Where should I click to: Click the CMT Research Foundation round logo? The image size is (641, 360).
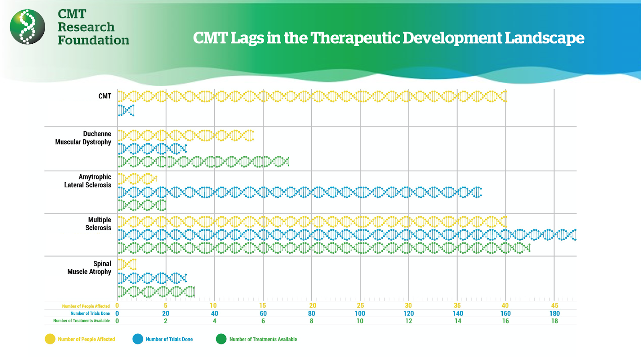[x=28, y=27]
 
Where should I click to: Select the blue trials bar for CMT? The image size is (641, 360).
[x=126, y=110]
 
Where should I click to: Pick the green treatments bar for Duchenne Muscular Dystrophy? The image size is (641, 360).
[x=203, y=162]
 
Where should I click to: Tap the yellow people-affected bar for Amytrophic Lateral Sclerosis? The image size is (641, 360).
[x=137, y=179]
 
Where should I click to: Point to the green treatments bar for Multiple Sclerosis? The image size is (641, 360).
[x=324, y=248]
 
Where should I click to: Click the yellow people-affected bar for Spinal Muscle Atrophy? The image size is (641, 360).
[x=127, y=264]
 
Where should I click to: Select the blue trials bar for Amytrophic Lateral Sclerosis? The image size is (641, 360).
[x=300, y=192]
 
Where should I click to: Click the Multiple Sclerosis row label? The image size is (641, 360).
[x=99, y=224]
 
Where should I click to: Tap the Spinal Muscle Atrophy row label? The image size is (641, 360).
[x=90, y=267]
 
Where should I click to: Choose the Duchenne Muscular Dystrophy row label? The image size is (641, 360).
[x=83, y=138]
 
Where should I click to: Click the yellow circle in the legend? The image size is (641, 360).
[x=50, y=339]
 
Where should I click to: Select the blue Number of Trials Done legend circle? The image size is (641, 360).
[x=138, y=339]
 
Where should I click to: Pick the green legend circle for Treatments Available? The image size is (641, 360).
[x=221, y=339]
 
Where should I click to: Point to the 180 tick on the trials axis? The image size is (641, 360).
[x=554, y=314]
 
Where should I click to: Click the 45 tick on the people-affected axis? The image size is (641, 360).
[x=554, y=306]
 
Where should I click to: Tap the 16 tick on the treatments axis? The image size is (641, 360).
[x=506, y=321]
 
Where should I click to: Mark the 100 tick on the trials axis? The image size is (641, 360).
[x=360, y=314]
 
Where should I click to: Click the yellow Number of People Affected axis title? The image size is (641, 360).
[x=86, y=306]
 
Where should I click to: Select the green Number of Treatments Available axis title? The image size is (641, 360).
[x=81, y=321]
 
